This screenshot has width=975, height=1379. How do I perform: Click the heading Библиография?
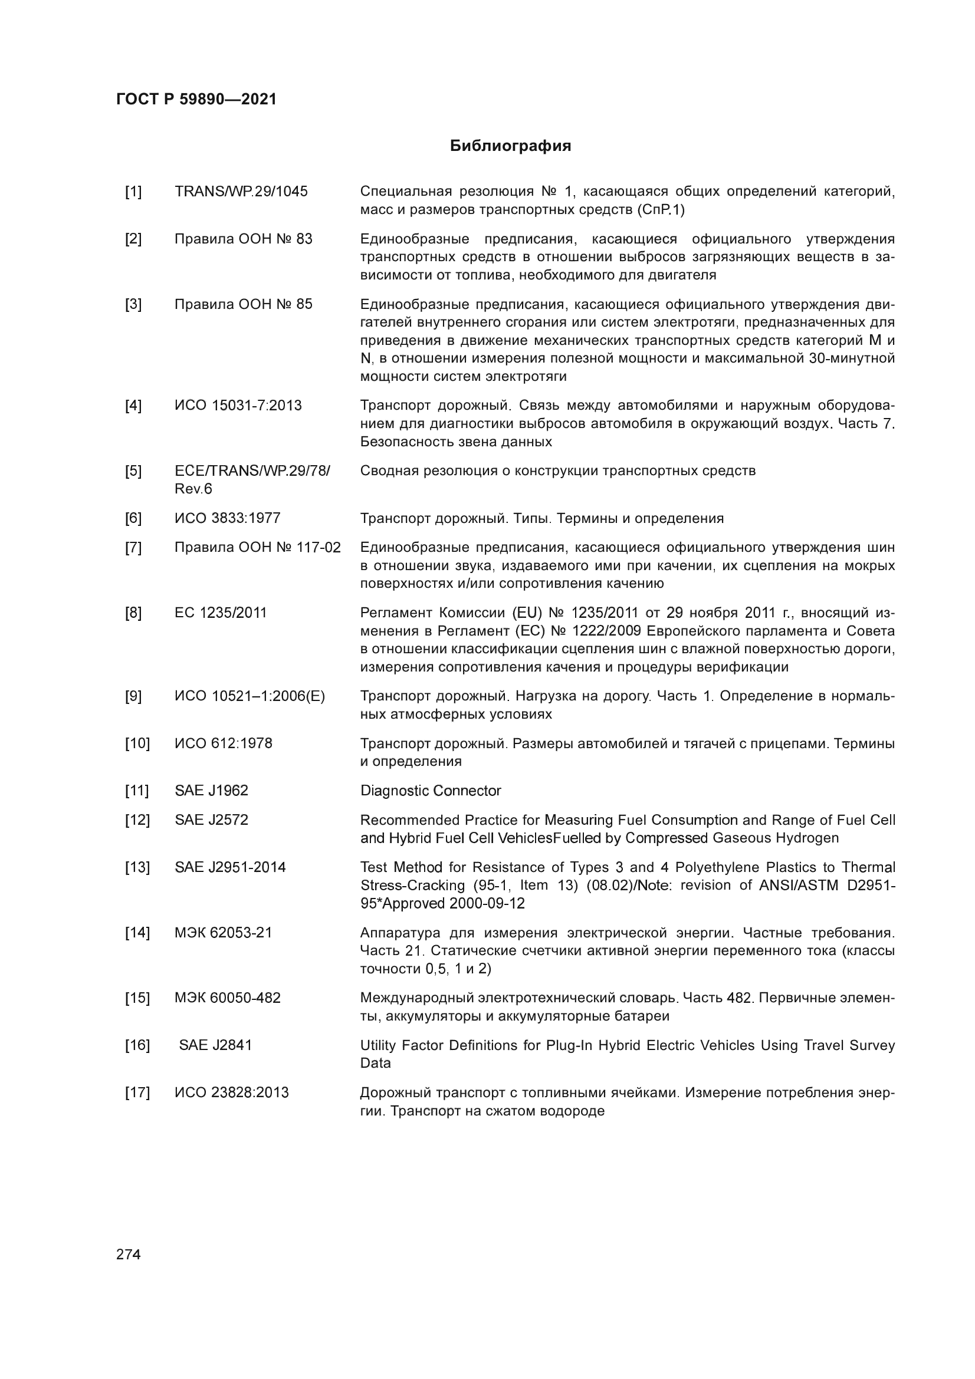(x=510, y=146)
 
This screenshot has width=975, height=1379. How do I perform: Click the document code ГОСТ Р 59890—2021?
(x=196, y=99)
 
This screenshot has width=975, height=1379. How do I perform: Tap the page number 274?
(x=129, y=1254)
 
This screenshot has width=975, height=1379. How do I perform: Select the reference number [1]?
(x=133, y=192)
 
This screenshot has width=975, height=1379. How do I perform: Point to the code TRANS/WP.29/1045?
(x=241, y=192)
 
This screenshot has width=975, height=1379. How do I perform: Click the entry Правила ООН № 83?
(x=243, y=239)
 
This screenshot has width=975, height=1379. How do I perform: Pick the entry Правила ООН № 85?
(x=243, y=304)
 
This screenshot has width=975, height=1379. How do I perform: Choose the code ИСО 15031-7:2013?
(x=238, y=406)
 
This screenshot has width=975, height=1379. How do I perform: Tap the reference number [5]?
(x=133, y=471)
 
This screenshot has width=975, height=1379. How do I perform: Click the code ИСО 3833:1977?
(x=227, y=518)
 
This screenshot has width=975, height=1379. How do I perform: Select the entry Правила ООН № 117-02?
(x=257, y=548)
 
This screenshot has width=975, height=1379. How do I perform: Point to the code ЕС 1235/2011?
(x=221, y=613)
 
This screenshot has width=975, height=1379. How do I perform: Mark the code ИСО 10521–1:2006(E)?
(x=250, y=697)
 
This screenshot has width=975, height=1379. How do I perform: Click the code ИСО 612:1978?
(x=223, y=743)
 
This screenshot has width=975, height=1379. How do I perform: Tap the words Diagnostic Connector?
(x=430, y=791)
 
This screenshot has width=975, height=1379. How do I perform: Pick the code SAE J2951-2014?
(x=230, y=868)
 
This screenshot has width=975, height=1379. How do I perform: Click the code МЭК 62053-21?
(x=223, y=933)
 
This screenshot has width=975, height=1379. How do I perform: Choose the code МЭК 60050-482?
(x=227, y=998)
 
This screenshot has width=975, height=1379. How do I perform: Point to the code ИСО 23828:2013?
(x=231, y=1092)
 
